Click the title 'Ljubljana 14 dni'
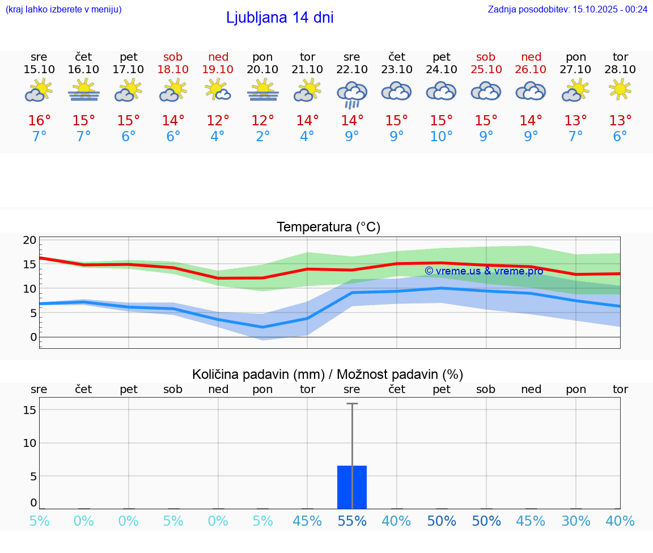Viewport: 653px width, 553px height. [279, 18]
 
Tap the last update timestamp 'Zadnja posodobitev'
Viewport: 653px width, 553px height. [567, 9]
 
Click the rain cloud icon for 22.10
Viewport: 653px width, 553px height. [352, 94]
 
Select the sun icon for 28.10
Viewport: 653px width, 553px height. [620, 90]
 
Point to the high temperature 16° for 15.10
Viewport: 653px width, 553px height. [39, 121]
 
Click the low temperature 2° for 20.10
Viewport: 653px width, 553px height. [262, 137]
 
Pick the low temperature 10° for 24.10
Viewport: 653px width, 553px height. [442, 137]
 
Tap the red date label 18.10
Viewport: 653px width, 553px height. [173, 69]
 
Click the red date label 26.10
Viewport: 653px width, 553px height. [531, 69]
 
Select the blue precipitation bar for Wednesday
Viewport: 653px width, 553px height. [352, 487]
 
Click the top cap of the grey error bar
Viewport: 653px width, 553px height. [352, 403]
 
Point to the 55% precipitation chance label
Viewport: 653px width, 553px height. [352, 521]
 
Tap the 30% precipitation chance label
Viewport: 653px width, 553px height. [576, 521]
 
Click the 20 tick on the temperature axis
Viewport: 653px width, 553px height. [29, 240]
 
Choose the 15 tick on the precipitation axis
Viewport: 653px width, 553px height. [29, 410]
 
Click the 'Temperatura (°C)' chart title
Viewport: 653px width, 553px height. [328, 227]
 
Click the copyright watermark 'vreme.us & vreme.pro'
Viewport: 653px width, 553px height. [484, 271]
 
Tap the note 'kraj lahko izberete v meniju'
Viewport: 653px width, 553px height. [63, 9]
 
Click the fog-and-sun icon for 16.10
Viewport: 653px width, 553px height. [84, 90]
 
